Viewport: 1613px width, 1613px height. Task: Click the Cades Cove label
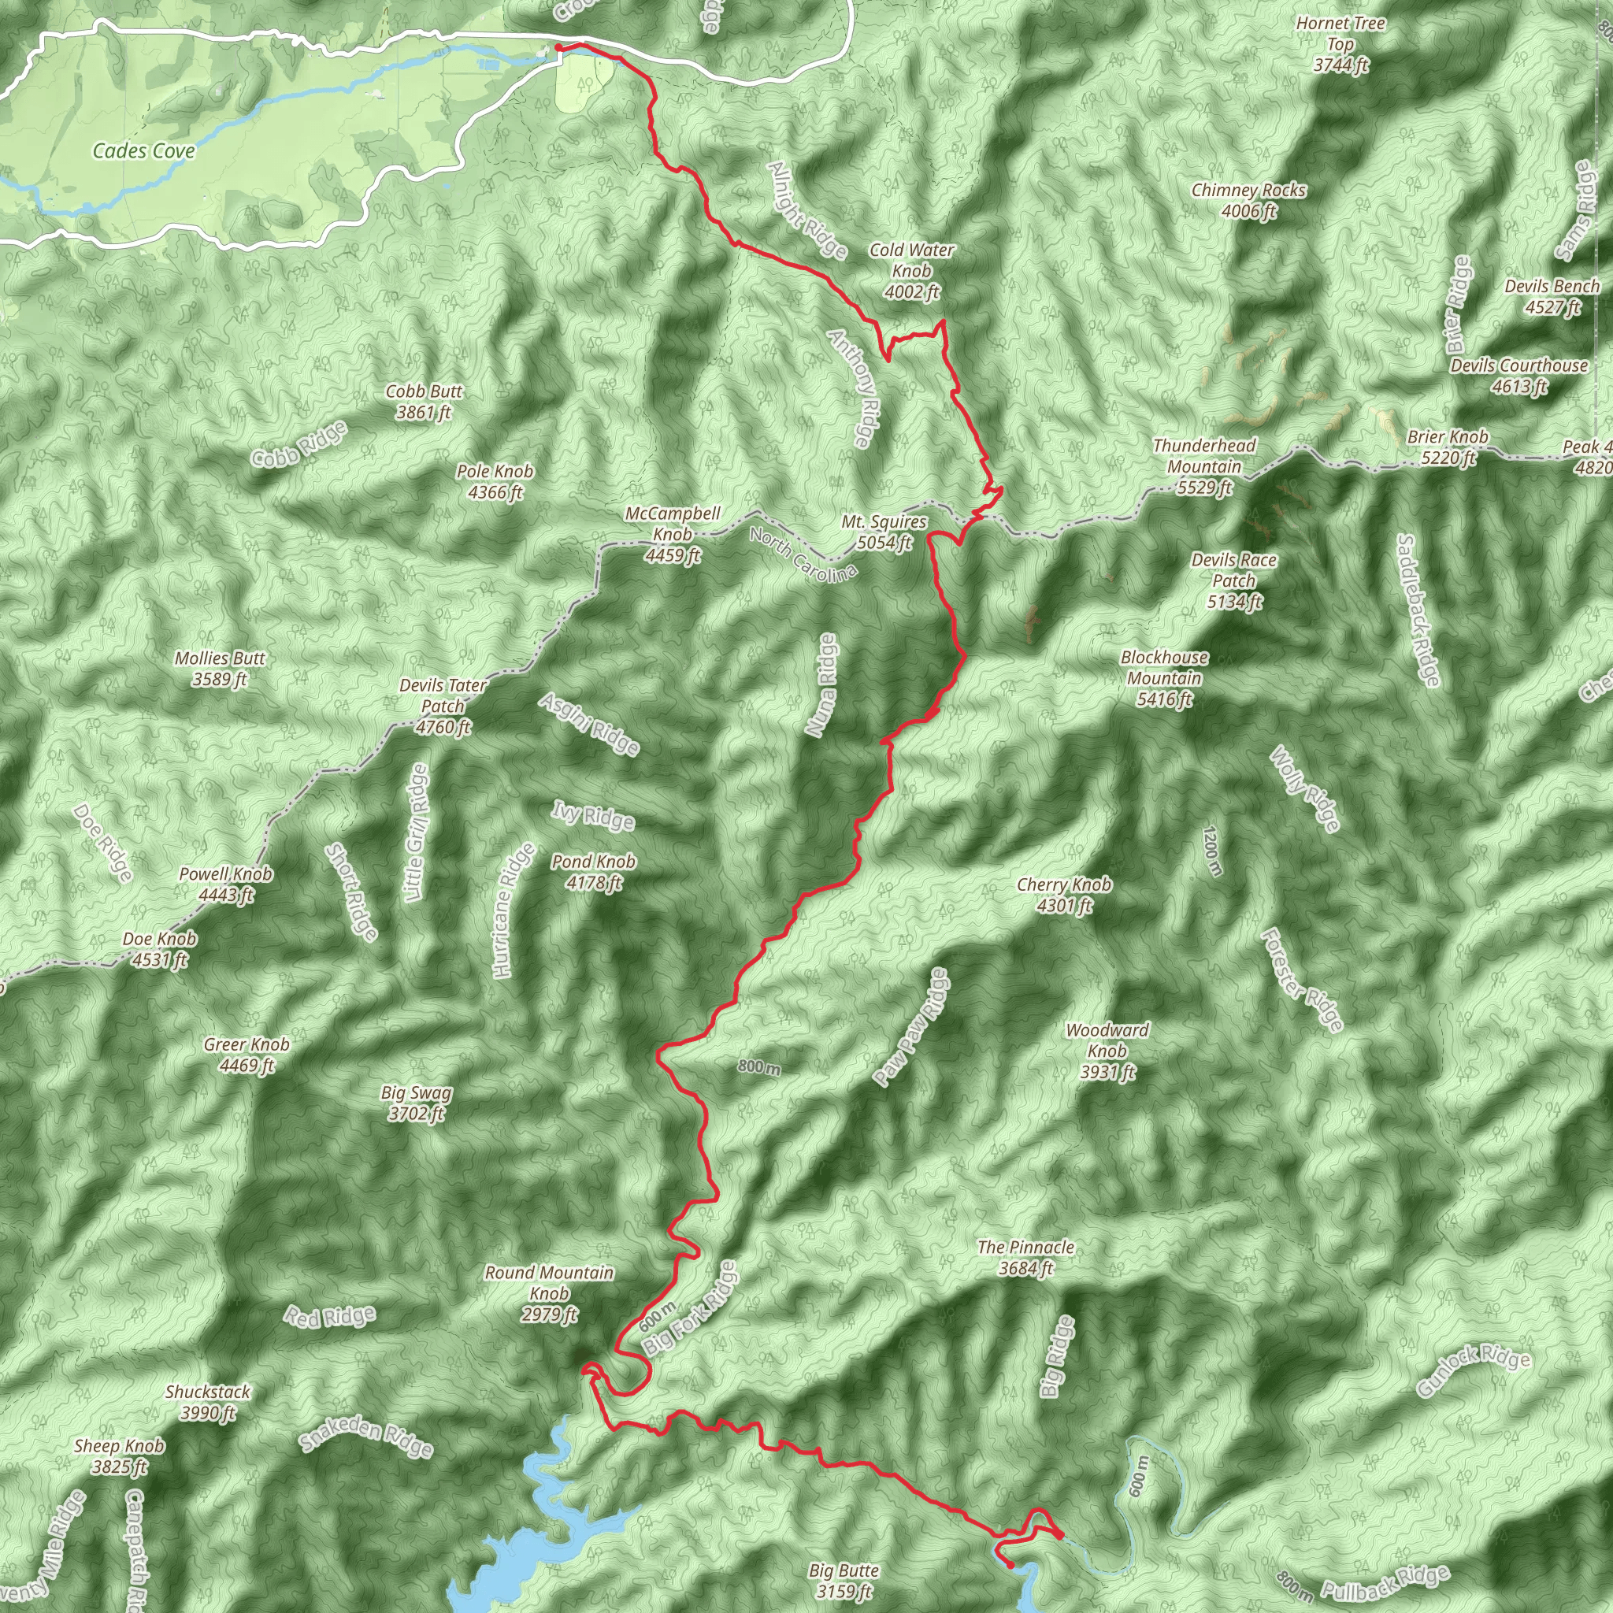pos(143,151)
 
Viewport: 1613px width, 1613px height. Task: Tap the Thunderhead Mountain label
pos(1204,467)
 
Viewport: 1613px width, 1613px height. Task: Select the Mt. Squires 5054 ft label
pos(884,532)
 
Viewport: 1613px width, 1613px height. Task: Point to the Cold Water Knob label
pos(912,270)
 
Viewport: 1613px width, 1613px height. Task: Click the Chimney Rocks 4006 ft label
pos(1248,200)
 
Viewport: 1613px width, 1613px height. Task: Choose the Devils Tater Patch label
pos(443,706)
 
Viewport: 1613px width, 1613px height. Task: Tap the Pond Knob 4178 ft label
pos(594,872)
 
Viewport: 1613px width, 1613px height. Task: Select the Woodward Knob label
pos(1107,1051)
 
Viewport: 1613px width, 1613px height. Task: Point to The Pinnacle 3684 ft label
pos(1026,1257)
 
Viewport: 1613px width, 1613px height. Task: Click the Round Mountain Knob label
pos(550,1293)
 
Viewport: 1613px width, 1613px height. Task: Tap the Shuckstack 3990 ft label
pos(208,1402)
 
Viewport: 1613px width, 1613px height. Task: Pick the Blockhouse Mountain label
pos(1164,679)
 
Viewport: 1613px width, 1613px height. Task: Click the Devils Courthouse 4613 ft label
pos(1518,376)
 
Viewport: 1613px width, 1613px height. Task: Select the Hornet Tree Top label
pos(1340,44)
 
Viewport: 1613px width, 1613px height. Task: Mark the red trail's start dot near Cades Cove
pos(558,48)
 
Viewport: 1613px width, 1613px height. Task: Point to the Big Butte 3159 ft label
pos(844,1581)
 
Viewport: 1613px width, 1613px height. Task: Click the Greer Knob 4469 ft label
pos(247,1055)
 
